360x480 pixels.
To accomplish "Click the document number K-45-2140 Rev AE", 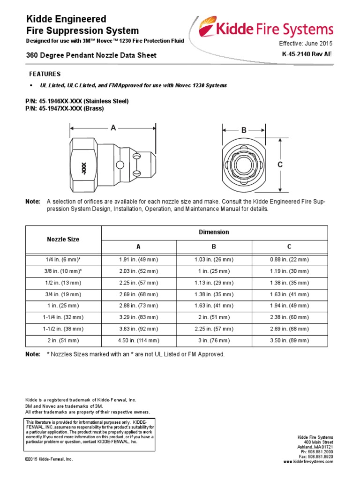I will click(x=307, y=54).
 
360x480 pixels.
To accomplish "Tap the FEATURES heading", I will click(x=45, y=74).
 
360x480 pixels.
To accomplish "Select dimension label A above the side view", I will click(x=113, y=127).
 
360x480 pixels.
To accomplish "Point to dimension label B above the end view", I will click(x=244, y=131).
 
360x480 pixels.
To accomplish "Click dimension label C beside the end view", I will click(x=280, y=165).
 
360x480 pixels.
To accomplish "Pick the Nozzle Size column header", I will click(x=63, y=239).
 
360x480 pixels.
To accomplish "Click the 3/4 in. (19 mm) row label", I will click(x=63, y=294).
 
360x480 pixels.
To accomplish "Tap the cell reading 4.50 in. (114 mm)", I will click(x=139, y=340).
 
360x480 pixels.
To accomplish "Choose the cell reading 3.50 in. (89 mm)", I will click(x=289, y=340).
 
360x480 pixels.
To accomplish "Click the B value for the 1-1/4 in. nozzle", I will click(x=214, y=317).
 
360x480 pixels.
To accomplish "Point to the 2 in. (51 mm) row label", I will click(x=63, y=340).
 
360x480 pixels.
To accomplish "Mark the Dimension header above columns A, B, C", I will click(x=214, y=232).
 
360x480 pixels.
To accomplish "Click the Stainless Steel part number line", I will click(x=76, y=101).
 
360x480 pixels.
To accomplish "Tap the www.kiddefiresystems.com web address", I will click(x=308, y=462).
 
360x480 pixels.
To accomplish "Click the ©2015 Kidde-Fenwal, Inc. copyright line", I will click(x=49, y=459).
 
